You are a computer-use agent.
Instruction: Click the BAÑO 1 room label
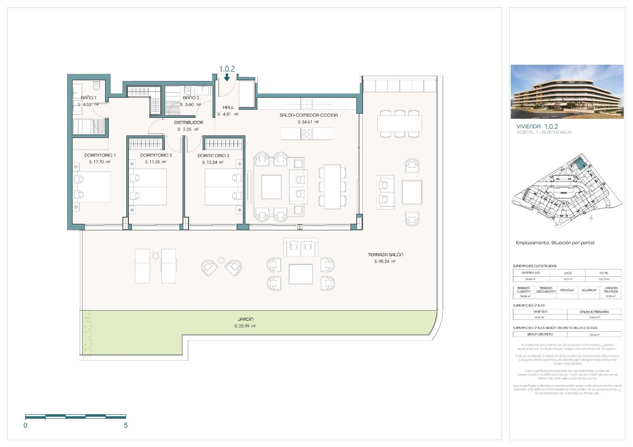(89, 98)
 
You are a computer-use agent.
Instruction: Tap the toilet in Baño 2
(188, 91)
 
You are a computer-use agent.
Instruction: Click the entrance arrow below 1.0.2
(227, 77)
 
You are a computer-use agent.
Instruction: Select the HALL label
(228, 107)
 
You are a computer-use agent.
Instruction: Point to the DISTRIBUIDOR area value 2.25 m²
(188, 129)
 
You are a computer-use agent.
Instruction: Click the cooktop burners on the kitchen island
(307, 134)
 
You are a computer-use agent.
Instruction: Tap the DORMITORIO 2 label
(156, 155)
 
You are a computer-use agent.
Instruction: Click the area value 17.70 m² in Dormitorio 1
(100, 162)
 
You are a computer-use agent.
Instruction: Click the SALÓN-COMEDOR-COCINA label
(309, 115)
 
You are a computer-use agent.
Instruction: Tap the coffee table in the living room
(271, 187)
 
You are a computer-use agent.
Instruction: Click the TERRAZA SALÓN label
(385, 255)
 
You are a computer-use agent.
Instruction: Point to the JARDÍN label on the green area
(246, 319)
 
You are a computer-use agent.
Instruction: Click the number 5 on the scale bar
(126, 425)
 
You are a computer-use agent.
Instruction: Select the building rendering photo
(567, 92)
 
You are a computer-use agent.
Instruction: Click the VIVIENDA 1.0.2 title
(537, 126)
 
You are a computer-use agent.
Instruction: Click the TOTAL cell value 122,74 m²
(604, 279)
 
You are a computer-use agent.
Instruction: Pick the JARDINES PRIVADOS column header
(611, 290)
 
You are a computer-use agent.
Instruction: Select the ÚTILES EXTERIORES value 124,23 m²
(594, 317)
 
